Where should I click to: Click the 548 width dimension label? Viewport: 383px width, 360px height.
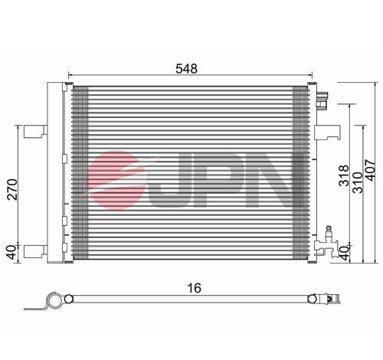tap(186, 69)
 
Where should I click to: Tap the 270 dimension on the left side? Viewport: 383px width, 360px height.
tap(12, 189)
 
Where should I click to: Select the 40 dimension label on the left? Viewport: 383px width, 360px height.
tap(11, 252)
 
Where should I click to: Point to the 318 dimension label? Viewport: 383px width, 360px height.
tap(344, 175)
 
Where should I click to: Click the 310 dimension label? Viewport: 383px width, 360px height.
tap(358, 182)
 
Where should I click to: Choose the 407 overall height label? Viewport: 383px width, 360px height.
tap(371, 170)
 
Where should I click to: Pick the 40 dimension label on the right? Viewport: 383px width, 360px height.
tap(345, 254)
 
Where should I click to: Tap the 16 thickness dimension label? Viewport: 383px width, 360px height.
tap(195, 288)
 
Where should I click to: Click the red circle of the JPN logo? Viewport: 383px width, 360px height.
tap(116, 180)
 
